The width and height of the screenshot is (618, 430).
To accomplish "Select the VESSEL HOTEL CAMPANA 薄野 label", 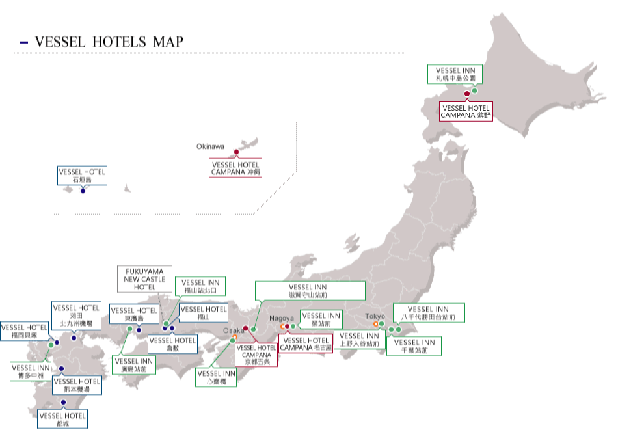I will (466, 111).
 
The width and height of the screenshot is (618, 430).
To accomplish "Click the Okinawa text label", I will (210, 146).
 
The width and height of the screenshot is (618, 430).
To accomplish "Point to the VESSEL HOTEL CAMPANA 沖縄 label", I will (235, 168).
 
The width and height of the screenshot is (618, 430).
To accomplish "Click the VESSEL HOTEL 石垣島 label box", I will (82, 175).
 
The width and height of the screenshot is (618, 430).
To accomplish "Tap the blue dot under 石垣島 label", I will (83, 191).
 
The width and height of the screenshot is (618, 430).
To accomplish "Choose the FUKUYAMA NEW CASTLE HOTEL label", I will (145, 278).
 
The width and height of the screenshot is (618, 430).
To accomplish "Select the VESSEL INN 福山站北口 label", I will (202, 286).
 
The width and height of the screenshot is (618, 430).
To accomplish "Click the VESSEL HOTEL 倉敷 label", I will (172, 343).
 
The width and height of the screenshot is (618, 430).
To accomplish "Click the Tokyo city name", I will (375, 316).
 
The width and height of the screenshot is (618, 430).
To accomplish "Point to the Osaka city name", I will (232, 330).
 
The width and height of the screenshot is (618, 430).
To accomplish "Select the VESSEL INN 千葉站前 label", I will (414, 345).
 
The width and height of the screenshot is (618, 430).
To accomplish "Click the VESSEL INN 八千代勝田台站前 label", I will (429, 313).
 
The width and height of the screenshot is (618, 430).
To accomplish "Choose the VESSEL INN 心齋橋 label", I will (216, 377).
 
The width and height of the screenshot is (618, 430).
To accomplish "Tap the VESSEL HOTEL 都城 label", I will (62, 420).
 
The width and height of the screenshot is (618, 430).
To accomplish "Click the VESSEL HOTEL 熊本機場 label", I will (77, 385).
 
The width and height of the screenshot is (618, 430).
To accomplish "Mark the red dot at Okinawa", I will (237, 153).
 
